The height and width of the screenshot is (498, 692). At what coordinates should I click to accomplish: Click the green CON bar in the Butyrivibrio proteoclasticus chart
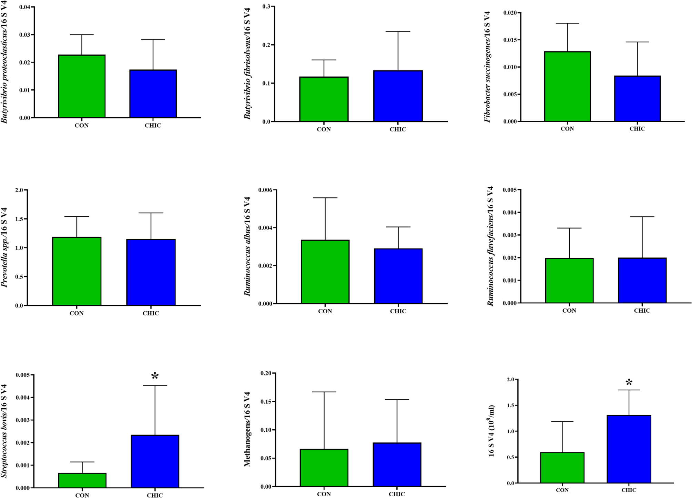point(82,86)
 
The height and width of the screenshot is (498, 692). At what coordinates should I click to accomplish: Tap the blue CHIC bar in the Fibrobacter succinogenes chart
point(637,99)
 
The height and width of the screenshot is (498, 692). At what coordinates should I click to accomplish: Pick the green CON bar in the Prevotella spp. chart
point(77,271)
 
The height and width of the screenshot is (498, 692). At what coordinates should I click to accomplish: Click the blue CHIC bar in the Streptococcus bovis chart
point(155,461)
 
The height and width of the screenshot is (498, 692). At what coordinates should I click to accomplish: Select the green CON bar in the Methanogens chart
point(324,468)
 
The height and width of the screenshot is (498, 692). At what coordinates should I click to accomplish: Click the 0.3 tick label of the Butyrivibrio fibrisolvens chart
point(266,7)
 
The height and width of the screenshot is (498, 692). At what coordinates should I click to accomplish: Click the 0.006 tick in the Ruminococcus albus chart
point(265,190)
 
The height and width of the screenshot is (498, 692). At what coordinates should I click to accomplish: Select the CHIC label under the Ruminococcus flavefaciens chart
point(642,311)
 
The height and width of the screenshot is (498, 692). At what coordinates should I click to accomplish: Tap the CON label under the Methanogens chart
point(324,494)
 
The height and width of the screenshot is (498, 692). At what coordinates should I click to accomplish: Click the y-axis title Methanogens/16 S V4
point(247,429)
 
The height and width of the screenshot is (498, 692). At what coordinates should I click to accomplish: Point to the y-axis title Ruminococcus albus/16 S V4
point(247,246)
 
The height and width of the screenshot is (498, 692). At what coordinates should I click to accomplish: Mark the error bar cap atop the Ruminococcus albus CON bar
point(325,198)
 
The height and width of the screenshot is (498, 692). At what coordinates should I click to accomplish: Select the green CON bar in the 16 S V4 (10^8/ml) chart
point(562,468)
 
